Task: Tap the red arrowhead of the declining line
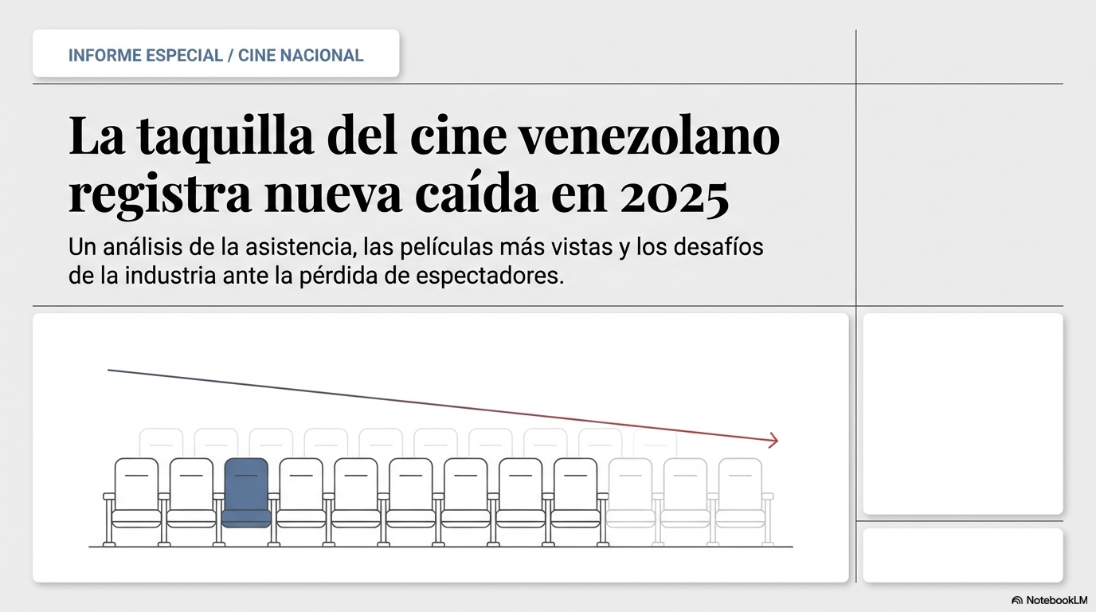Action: pyautogui.click(x=773, y=440)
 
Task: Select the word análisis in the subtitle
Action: pyautogui.click(x=140, y=247)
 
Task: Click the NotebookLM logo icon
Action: pyautogui.click(x=1017, y=600)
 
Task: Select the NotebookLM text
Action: pyautogui.click(x=1056, y=600)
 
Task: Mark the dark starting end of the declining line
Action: pyautogui.click(x=109, y=371)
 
